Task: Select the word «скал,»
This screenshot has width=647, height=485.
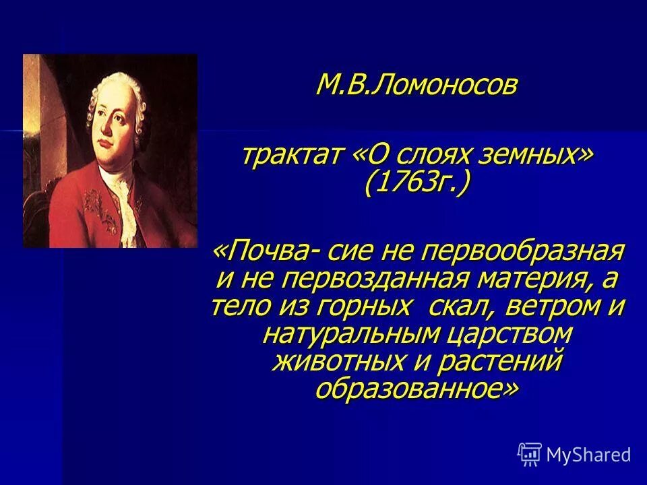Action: tap(460, 307)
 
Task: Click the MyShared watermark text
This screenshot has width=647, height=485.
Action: tap(588, 455)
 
